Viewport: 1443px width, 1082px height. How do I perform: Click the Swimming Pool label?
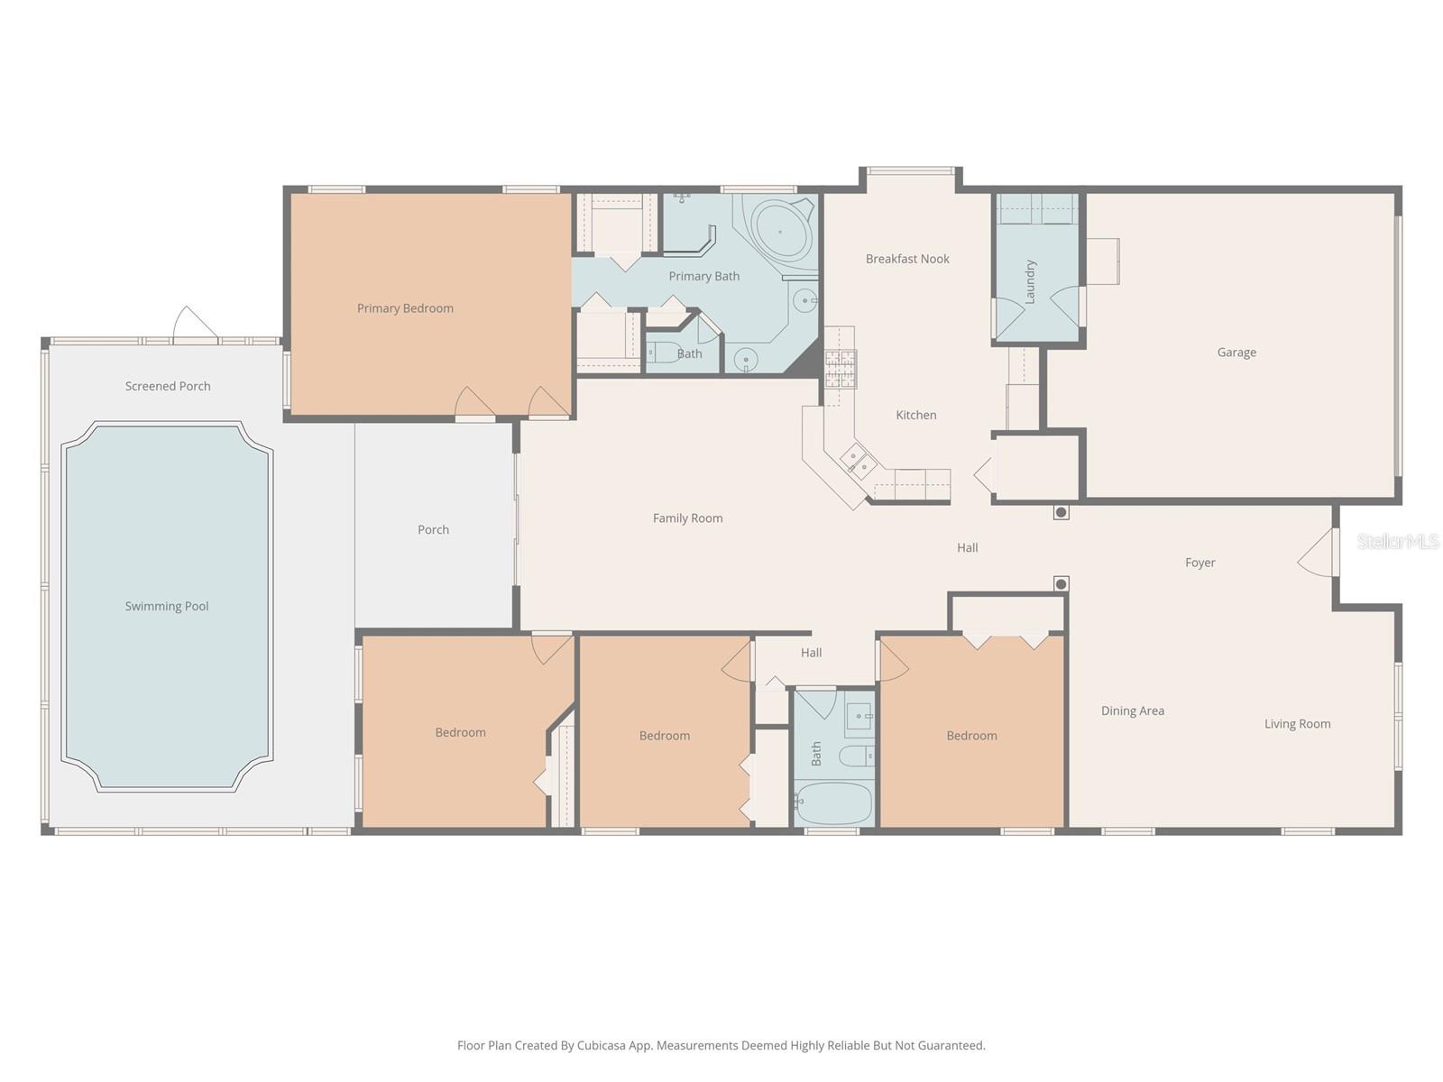[x=166, y=606]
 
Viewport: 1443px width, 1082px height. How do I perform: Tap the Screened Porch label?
[x=168, y=386]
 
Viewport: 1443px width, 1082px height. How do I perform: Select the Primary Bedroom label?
[x=405, y=308]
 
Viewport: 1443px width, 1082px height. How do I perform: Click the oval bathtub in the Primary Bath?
[x=780, y=231]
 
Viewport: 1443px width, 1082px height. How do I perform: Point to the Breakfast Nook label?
[x=907, y=259]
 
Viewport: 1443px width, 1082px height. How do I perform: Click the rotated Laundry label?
[x=1030, y=281]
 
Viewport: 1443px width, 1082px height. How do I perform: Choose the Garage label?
[x=1236, y=353]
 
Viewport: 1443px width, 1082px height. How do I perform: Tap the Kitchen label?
[x=915, y=415]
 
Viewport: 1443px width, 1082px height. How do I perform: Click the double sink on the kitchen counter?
[x=858, y=459]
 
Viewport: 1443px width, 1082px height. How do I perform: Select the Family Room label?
[x=687, y=518]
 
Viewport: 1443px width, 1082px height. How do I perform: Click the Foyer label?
[x=1199, y=563]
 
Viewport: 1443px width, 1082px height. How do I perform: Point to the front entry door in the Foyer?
[x=1317, y=553]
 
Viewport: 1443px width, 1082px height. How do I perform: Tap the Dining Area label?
[x=1132, y=711]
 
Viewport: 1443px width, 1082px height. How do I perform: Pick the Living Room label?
[x=1297, y=724]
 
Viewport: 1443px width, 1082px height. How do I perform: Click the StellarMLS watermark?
[x=1398, y=541]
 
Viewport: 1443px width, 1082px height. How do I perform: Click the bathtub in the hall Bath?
[x=834, y=802]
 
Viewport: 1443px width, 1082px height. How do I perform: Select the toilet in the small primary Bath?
[x=664, y=353]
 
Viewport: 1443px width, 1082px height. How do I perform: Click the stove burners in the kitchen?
[x=841, y=369]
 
